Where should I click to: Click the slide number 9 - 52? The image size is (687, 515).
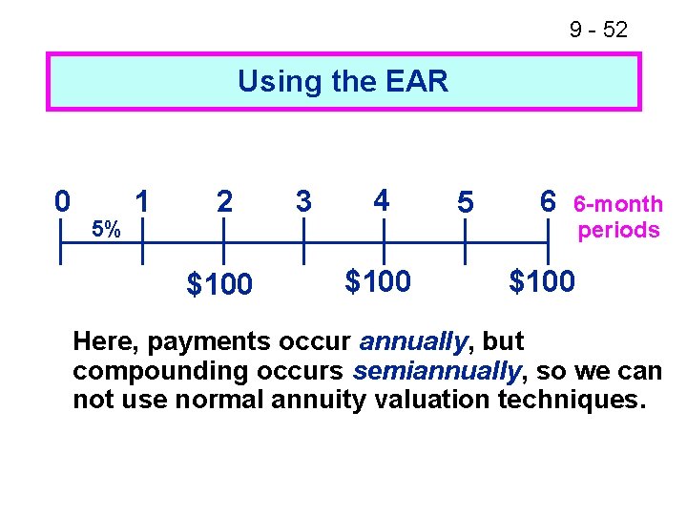(x=598, y=30)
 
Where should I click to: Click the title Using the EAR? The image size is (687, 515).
(x=343, y=81)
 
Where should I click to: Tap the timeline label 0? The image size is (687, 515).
(x=62, y=201)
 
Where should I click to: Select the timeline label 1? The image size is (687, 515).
(x=142, y=201)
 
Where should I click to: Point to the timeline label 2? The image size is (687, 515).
(x=223, y=201)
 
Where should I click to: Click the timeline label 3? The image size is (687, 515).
(x=303, y=201)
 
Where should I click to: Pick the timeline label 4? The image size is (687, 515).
(x=382, y=201)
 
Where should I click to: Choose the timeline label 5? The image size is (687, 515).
(x=465, y=202)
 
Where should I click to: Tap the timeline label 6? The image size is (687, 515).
(x=547, y=201)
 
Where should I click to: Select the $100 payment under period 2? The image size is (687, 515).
(x=219, y=284)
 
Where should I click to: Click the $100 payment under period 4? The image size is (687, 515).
(x=378, y=281)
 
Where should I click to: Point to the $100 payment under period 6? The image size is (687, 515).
(x=542, y=281)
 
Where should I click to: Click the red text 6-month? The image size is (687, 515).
(x=617, y=204)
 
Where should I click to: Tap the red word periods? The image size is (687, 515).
(x=619, y=230)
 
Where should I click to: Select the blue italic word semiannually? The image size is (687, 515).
(x=436, y=371)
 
